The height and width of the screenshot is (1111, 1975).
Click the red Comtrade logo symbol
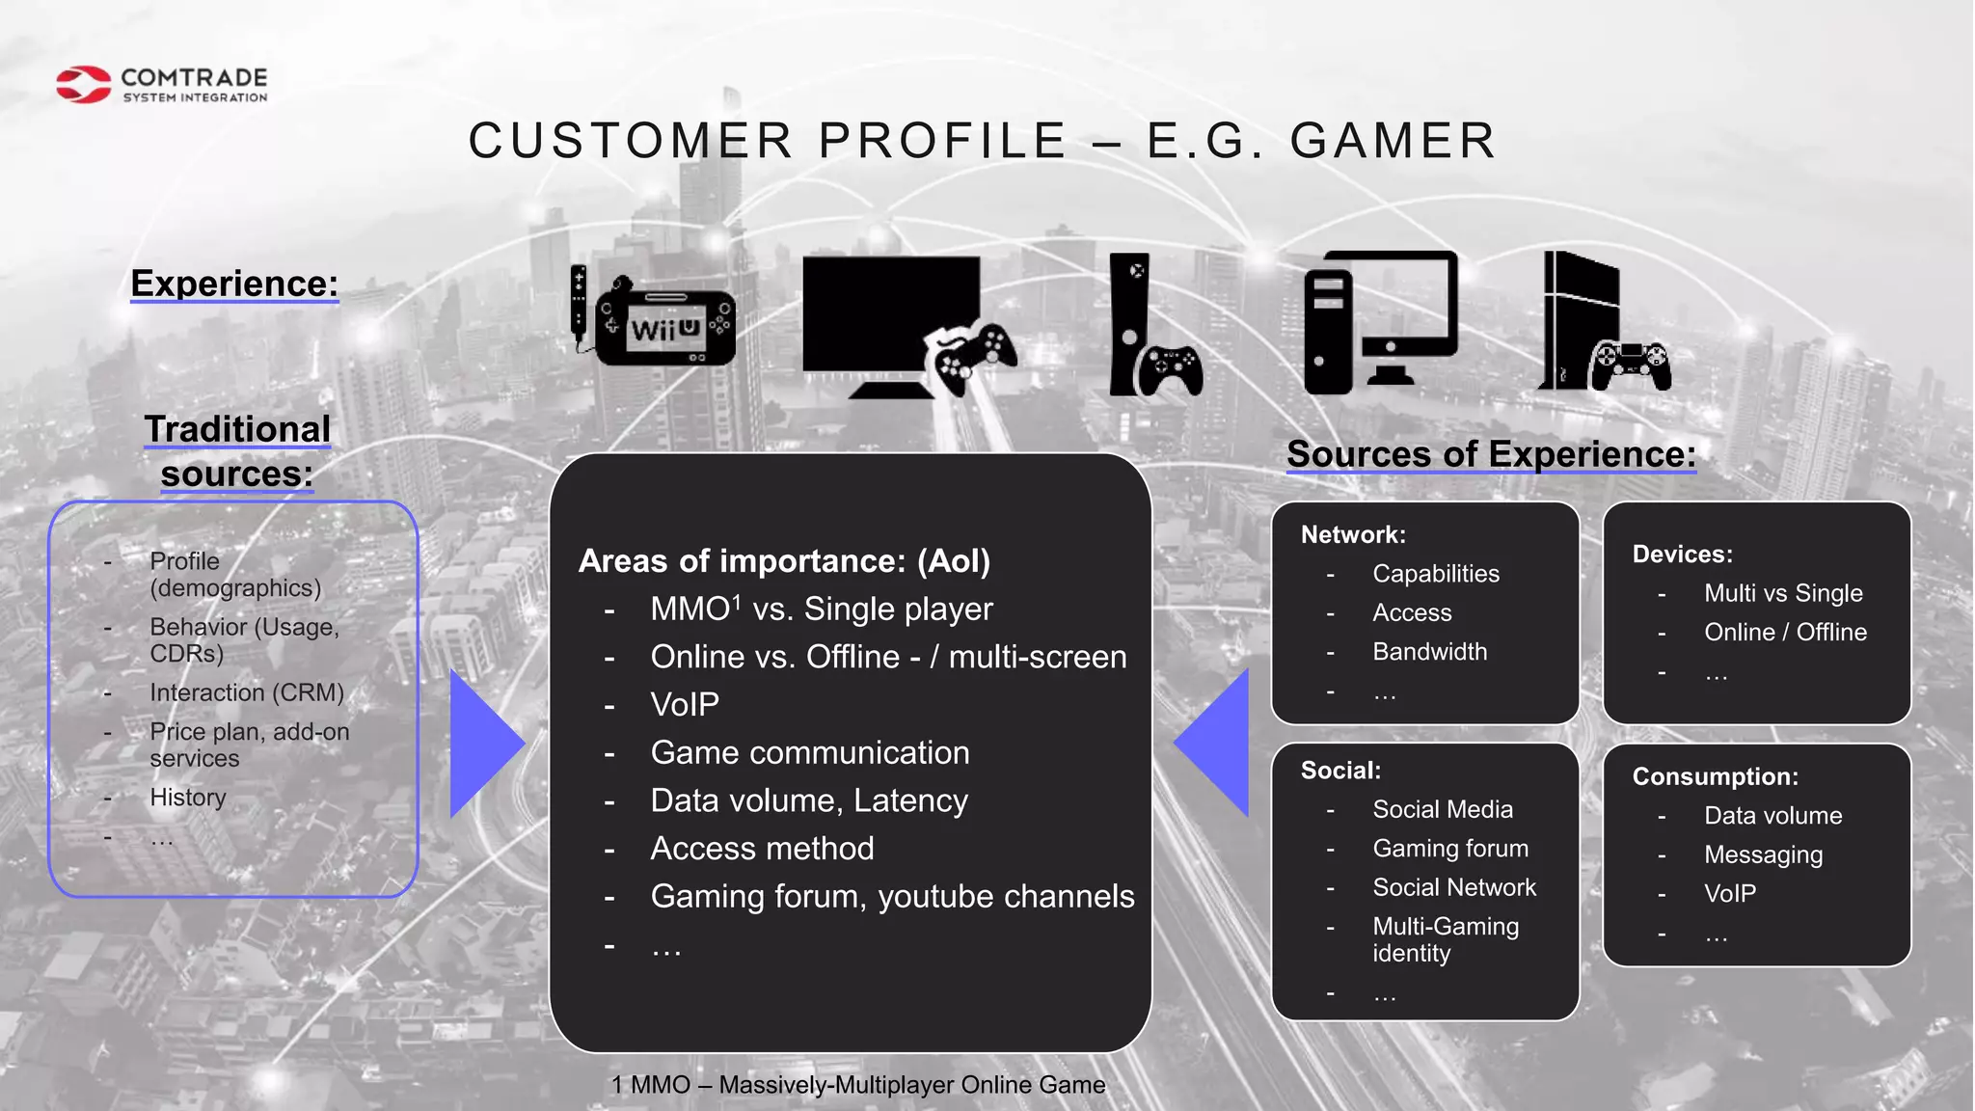[x=83, y=84]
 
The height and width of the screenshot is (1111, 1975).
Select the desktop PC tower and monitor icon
[x=1380, y=322]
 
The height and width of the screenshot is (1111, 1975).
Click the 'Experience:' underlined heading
[x=234, y=284]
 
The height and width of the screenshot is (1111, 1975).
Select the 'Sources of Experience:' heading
[x=1491, y=454]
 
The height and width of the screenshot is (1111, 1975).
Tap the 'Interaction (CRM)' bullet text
[x=247, y=692]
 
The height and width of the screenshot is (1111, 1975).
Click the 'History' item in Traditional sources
[x=188, y=798]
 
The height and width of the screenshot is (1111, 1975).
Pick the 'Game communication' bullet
[x=810, y=752]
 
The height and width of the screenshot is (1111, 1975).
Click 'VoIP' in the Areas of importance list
[x=685, y=704]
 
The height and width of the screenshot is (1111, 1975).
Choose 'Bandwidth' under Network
[x=1429, y=652]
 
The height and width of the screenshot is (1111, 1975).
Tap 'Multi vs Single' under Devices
[x=1783, y=593]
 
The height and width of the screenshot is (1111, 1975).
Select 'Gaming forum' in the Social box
[x=1450, y=849]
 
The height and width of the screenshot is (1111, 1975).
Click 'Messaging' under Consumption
[x=1763, y=854]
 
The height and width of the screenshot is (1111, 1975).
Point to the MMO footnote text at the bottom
[x=858, y=1085]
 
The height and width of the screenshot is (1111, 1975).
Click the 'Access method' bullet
[x=762, y=849]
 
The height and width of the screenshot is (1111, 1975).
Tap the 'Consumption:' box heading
[x=1715, y=776]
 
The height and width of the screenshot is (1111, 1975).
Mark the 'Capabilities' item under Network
[x=1436, y=574]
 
